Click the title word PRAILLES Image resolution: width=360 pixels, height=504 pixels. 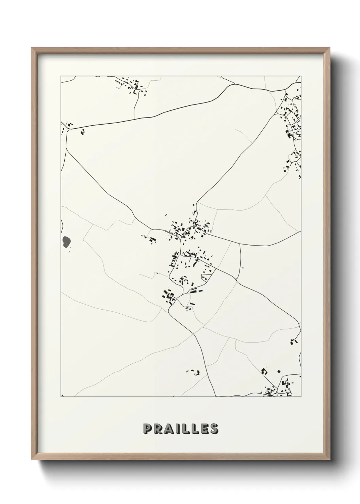tap(180, 428)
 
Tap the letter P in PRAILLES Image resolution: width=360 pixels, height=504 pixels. tap(148, 428)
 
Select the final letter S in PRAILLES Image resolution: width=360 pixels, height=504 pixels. tap(213, 428)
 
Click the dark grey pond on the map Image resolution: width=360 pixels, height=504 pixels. tap(67, 241)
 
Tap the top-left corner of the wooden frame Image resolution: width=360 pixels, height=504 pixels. tap(32, 48)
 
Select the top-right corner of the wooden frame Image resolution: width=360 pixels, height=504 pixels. tap(330, 48)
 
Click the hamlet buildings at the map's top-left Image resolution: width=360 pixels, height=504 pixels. tap(131, 86)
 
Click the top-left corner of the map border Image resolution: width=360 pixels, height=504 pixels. tap(61, 76)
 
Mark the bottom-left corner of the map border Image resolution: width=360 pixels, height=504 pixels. tap(61, 397)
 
